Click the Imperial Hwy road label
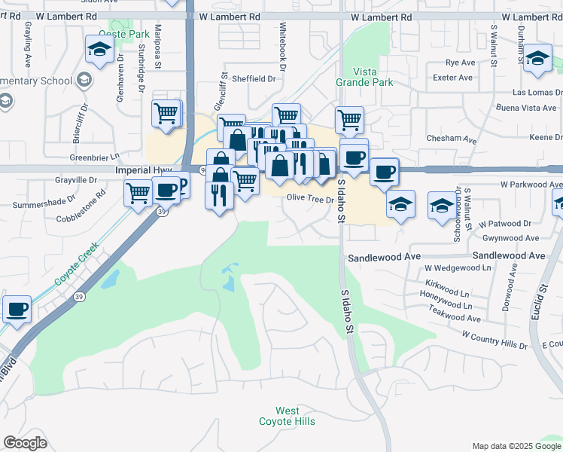pyautogui.click(x=144, y=171)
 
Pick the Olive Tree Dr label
pyautogui.click(x=310, y=199)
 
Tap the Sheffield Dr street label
pyautogui.click(x=254, y=78)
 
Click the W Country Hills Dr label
pyautogui.click(x=495, y=339)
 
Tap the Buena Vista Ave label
pyautogui.click(x=525, y=108)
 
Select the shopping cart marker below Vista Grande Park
pyautogui.click(x=349, y=119)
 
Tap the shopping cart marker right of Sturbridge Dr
pyautogui.click(x=166, y=115)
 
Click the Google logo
pyautogui.click(x=25, y=443)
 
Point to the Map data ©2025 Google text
pyautogui.click(x=516, y=446)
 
